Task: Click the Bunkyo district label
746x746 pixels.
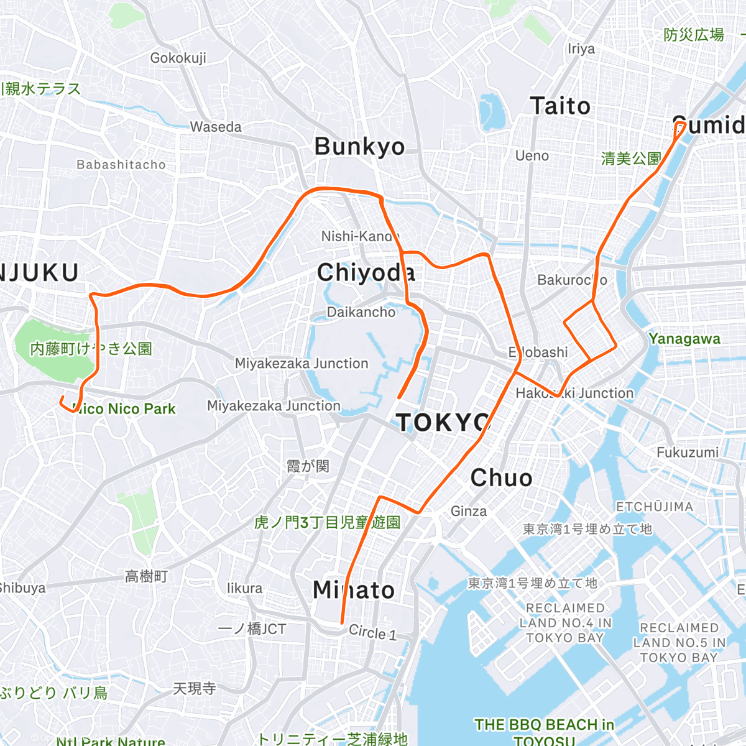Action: click(359, 147)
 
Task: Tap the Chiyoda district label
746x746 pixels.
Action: click(366, 272)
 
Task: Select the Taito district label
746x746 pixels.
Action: click(560, 106)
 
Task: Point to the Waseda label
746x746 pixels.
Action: click(216, 127)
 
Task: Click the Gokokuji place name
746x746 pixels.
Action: click(178, 58)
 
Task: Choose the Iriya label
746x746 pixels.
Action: click(581, 48)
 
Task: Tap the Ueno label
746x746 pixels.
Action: click(532, 155)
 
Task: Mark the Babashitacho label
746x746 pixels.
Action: click(121, 165)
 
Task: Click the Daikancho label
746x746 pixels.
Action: click(361, 312)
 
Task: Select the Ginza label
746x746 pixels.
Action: click(469, 511)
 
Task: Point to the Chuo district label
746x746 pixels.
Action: click(501, 478)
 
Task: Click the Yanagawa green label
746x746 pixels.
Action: click(684, 339)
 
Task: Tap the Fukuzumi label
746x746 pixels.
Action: click(688, 452)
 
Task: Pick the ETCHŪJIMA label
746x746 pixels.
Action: click(655, 507)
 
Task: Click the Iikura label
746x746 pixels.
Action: click(244, 588)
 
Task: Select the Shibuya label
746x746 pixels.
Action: click(22, 588)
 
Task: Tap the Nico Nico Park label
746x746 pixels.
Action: click(124, 409)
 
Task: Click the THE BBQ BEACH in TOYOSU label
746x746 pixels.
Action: click(544, 731)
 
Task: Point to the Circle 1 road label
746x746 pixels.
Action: click(372, 632)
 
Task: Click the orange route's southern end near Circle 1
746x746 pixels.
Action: click(342, 622)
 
